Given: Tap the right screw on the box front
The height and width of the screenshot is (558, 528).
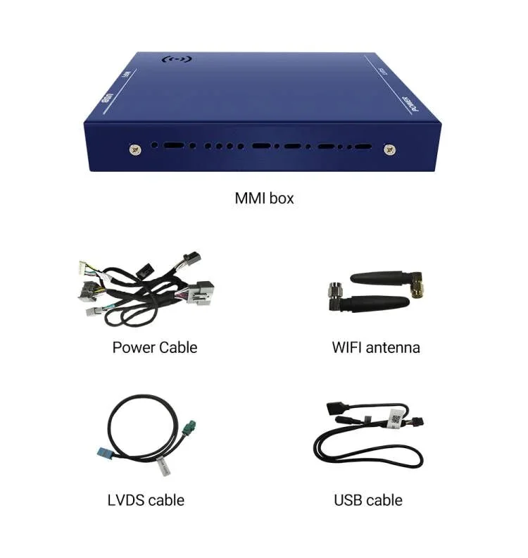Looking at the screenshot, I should pos(389,149).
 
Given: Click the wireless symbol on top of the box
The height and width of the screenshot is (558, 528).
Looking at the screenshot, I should pos(179,61).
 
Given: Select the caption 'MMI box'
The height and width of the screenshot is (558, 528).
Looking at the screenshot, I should pos(264,198).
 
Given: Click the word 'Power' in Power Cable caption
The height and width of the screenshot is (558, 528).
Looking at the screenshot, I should pos(134,347).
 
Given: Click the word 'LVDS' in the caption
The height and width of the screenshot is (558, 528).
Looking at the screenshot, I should pos(127,500).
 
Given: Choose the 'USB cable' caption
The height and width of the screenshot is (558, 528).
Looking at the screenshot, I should pos(368,500).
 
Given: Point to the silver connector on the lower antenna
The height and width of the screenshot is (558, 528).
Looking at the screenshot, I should pos(335,291).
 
